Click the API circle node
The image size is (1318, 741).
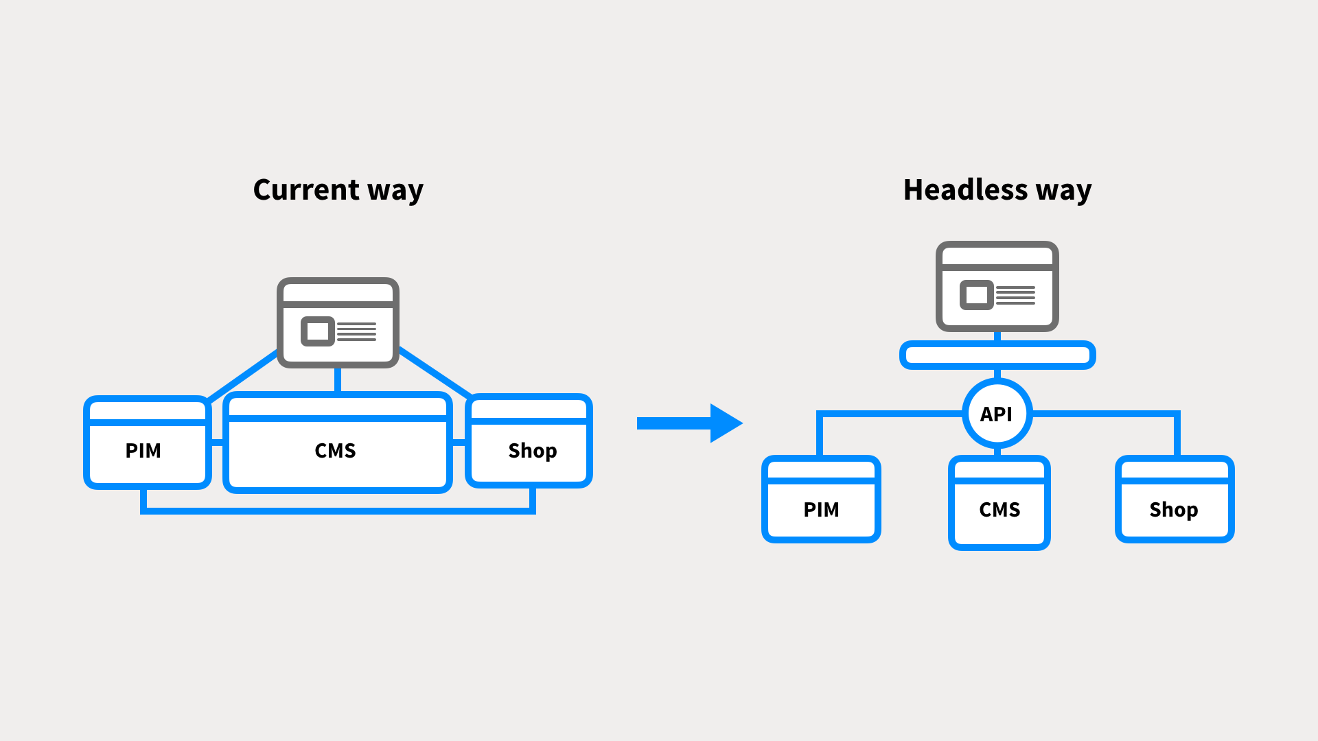coord(997,414)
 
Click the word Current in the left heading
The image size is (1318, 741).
coord(306,190)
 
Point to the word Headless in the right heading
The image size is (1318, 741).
coord(965,190)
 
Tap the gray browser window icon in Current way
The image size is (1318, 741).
coord(338,322)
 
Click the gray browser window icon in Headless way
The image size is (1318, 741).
coord(997,286)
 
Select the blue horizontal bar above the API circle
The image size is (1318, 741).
coord(997,355)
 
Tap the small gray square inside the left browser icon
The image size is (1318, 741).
coord(317,331)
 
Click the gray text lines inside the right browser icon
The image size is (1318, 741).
coord(1015,296)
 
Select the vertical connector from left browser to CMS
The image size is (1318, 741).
coord(338,380)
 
